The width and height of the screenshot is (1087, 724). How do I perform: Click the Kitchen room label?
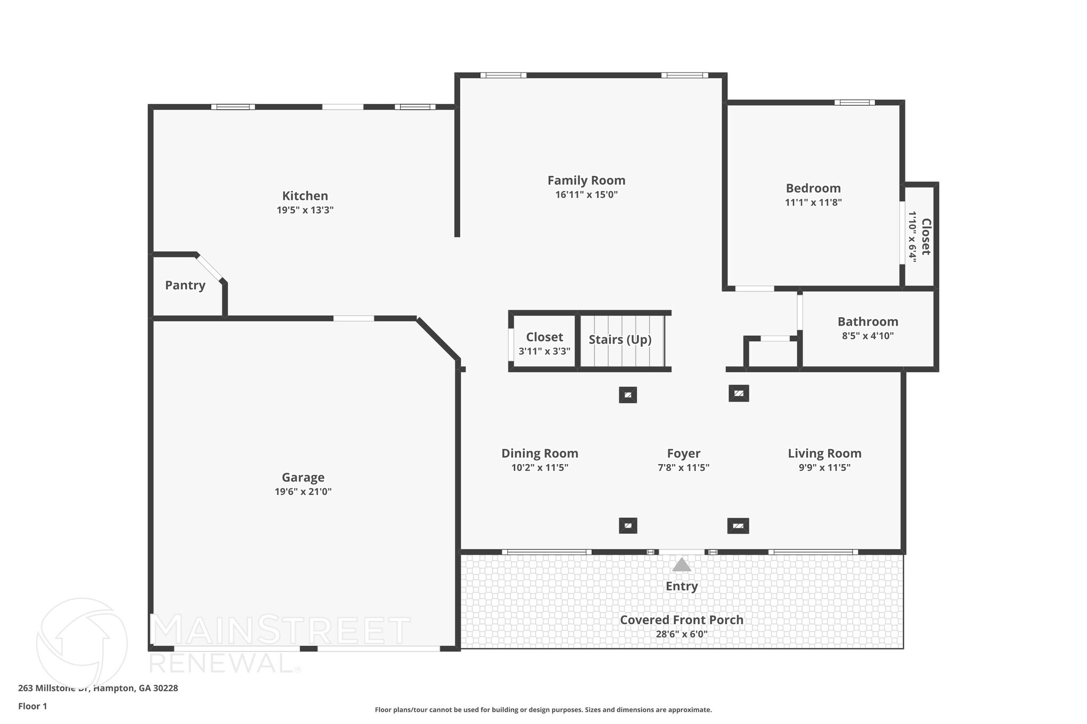(305, 196)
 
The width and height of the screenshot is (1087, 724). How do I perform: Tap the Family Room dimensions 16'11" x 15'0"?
(586, 195)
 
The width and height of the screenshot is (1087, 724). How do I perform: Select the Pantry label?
(185, 285)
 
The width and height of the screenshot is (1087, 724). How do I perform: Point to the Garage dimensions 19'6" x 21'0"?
(303, 492)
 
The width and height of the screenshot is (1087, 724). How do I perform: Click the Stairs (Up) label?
(620, 339)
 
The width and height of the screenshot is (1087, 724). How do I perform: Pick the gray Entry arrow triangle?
(681, 565)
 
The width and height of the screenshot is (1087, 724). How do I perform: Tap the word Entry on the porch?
(681, 586)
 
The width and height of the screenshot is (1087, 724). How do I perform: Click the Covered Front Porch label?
(681, 620)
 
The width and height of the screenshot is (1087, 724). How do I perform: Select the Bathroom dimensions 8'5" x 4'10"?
(868, 336)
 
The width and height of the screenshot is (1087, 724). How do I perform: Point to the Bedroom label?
(813, 188)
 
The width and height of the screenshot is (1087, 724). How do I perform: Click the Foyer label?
(684, 453)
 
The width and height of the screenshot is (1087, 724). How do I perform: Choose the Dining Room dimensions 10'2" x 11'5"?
(540, 468)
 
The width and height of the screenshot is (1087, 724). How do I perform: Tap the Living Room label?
(824, 453)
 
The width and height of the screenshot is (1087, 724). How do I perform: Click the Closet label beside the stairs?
(544, 337)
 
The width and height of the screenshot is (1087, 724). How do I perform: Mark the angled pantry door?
(209, 268)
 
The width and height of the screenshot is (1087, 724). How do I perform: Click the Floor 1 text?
(32, 706)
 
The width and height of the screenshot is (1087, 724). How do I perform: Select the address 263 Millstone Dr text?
(98, 688)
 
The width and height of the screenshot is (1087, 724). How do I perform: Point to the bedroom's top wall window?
(854, 102)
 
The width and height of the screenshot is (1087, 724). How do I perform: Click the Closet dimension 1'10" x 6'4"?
(912, 237)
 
